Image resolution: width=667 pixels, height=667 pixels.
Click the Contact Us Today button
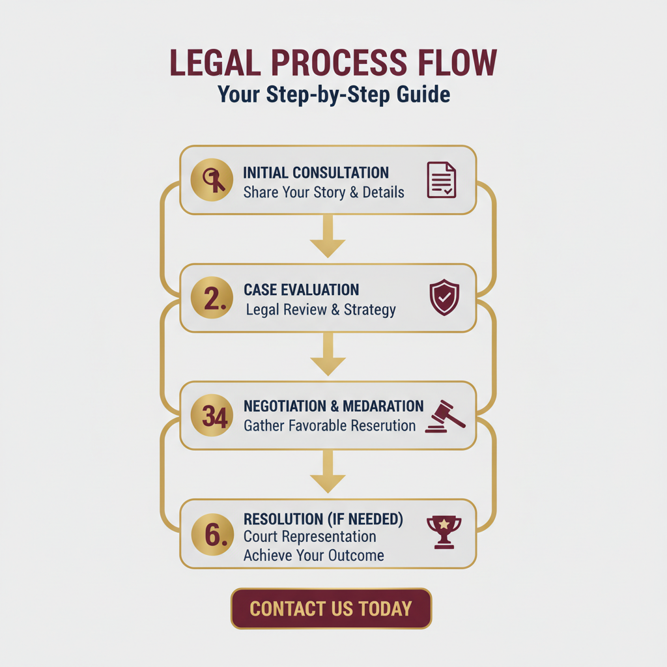click(331, 608)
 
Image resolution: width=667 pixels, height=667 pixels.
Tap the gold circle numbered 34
click(212, 416)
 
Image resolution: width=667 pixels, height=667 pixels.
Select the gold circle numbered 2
click(212, 298)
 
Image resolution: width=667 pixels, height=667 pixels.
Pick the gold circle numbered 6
click(212, 533)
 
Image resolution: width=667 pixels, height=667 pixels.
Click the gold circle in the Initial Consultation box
click(212, 180)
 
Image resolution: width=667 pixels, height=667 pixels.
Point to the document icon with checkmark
click(441, 180)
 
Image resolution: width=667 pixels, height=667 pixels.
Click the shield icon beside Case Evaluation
click(444, 298)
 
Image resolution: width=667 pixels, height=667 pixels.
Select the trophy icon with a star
click(444, 531)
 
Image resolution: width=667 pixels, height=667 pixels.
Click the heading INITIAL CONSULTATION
click(316, 173)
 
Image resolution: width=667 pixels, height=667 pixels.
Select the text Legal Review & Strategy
click(320, 309)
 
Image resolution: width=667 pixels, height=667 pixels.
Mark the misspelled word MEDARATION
click(384, 406)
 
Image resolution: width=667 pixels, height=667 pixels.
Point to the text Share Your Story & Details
click(324, 193)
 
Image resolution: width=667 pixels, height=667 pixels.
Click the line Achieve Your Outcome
click(313, 556)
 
